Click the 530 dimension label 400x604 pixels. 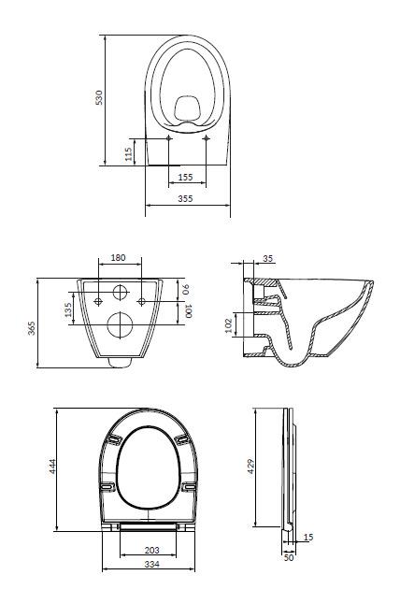pyautogui.click(x=99, y=97)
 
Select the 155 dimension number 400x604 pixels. pyautogui.click(x=186, y=178)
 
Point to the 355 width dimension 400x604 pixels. pyautogui.click(x=185, y=199)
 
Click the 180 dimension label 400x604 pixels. pyautogui.click(x=118, y=257)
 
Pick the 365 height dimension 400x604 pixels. pyautogui.click(x=31, y=328)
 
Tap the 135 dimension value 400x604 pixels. pyautogui.click(x=68, y=310)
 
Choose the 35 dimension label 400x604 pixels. pyautogui.click(x=268, y=258)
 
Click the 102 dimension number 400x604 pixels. pyautogui.click(x=228, y=325)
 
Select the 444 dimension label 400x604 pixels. pyautogui.click(x=52, y=467)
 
